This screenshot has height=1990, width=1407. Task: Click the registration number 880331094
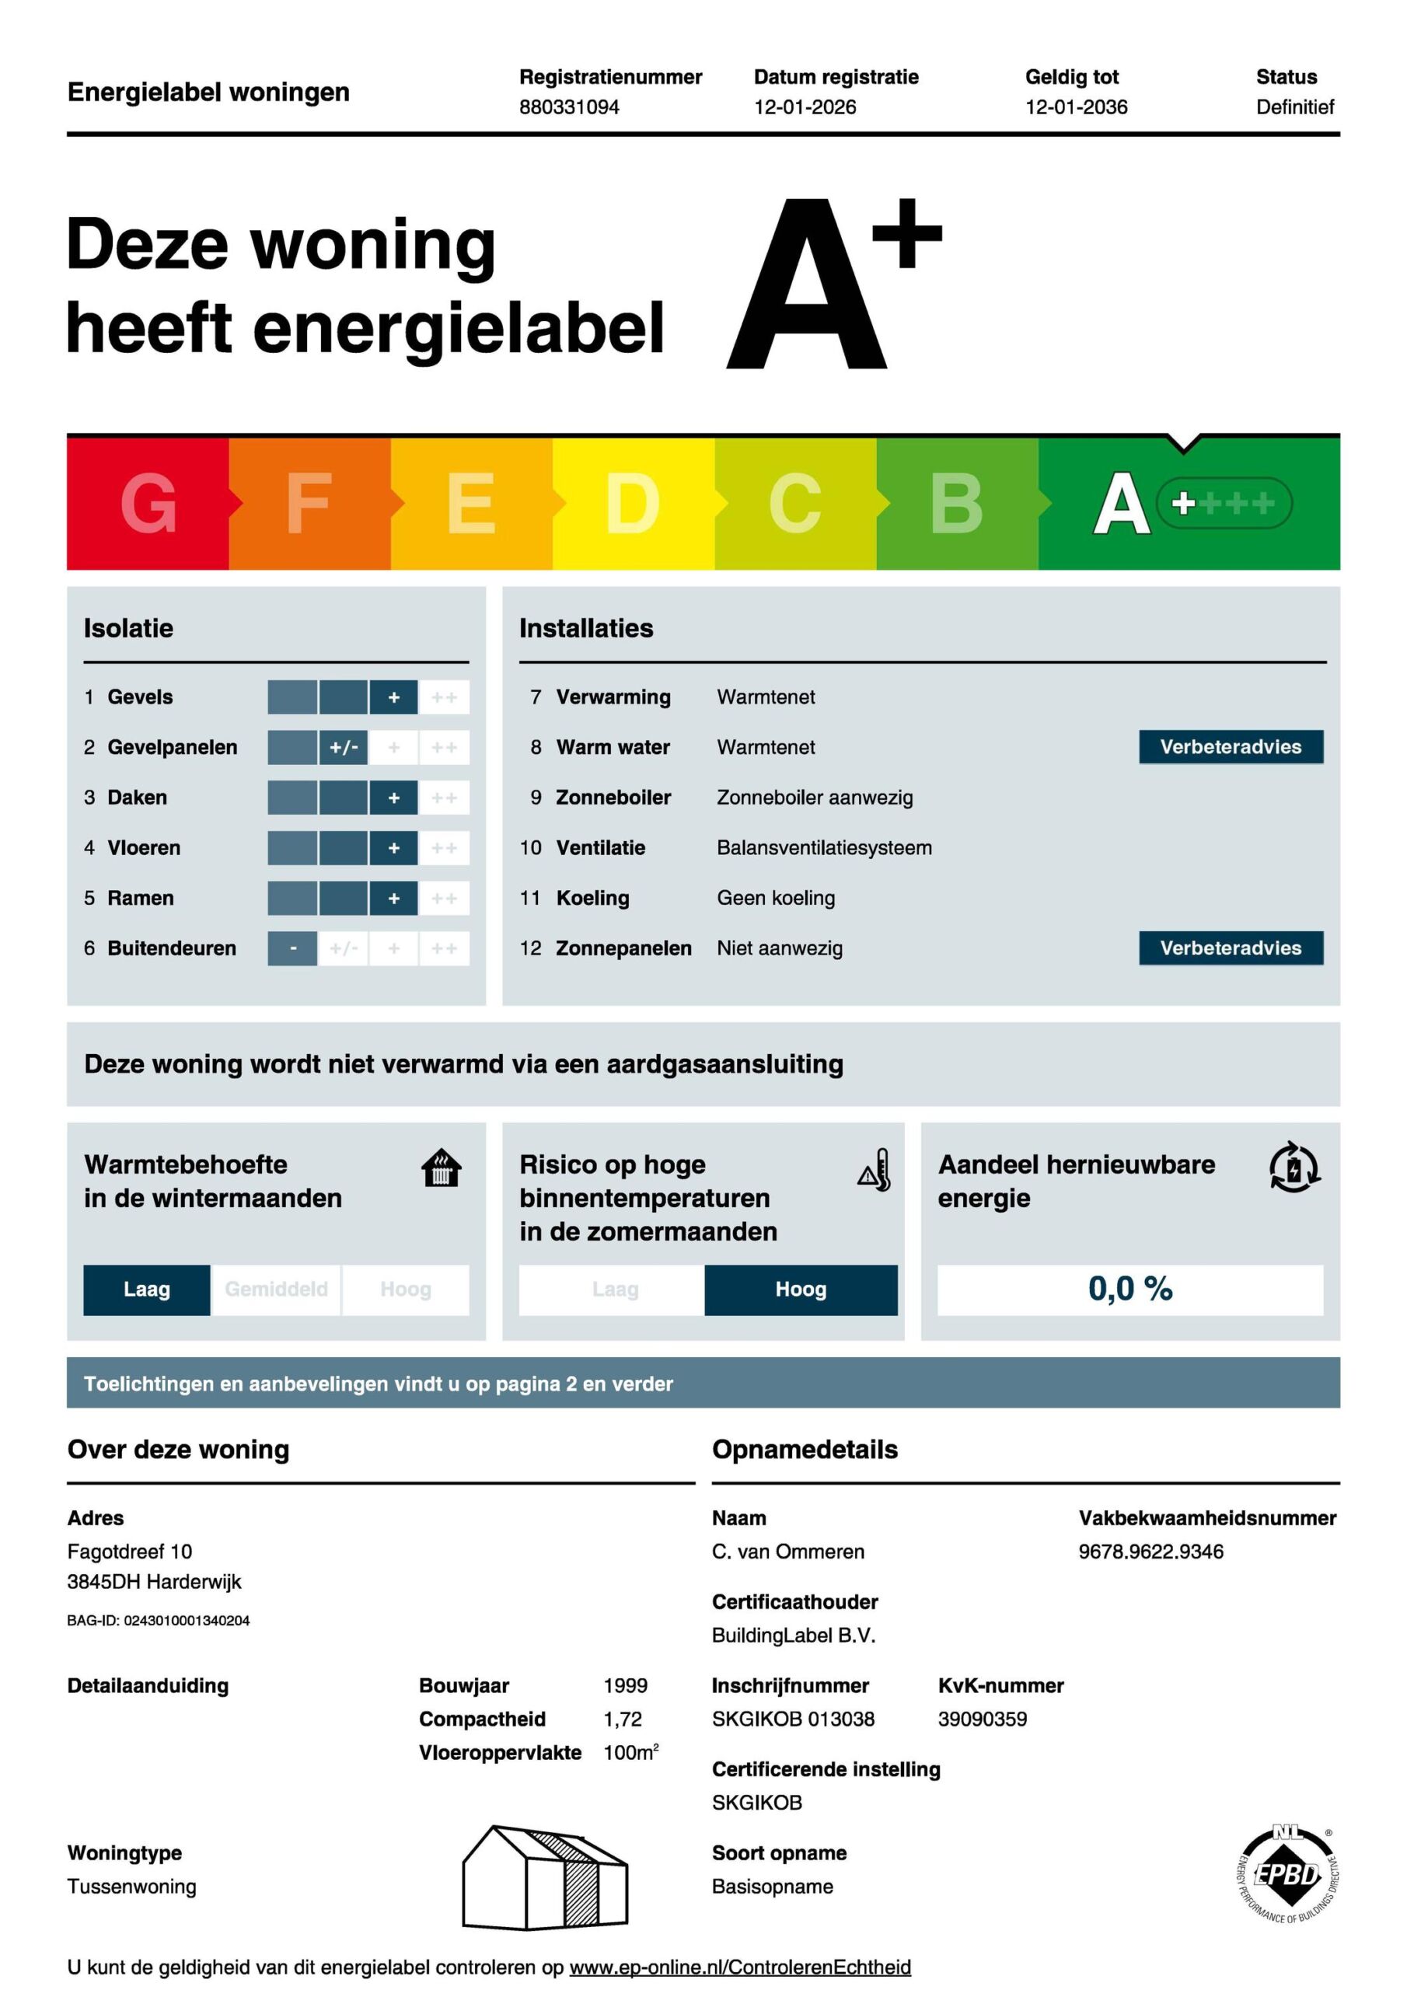click(x=569, y=107)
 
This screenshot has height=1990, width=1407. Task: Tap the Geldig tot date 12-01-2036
click(x=1076, y=107)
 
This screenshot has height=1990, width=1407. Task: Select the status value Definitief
click(x=1294, y=107)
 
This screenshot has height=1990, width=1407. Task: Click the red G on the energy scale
click(x=148, y=503)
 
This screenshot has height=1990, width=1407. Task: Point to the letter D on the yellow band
click(x=632, y=503)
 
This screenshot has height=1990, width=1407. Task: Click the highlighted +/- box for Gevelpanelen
click(x=344, y=747)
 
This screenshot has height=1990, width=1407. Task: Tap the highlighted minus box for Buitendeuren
click(x=293, y=948)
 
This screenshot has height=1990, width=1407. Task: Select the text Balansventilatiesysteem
click(x=823, y=847)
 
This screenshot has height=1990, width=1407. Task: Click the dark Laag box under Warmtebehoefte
click(x=146, y=1290)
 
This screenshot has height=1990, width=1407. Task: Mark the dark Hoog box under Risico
click(x=800, y=1290)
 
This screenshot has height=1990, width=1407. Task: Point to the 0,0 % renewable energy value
click(x=1129, y=1290)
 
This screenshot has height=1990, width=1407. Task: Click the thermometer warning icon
click(x=875, y=1171)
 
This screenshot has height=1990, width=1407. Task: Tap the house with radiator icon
click(x=442, y=1168)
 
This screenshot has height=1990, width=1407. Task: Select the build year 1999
click(x=625, y=1686)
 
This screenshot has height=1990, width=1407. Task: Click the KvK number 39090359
click(x=983, y=1719)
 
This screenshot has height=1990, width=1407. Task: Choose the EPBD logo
click(x=1287, y=1874)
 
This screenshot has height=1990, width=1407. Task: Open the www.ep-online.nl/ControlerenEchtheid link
click(x=739, y=1967)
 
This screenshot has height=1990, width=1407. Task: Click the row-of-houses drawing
click(x=544, y=1877)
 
